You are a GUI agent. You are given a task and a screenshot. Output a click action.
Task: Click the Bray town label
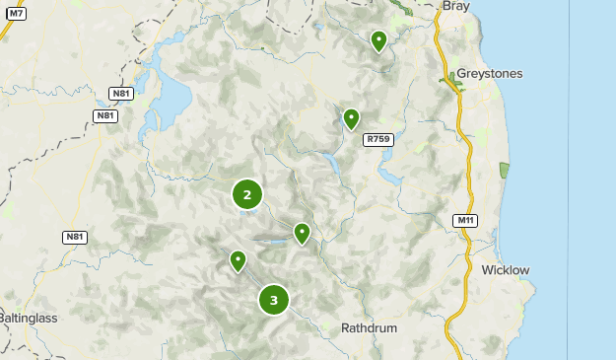coord(456,6)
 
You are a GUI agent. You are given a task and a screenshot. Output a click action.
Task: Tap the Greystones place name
coord(496,74)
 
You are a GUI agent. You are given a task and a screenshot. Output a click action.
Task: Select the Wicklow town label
coord(506,269)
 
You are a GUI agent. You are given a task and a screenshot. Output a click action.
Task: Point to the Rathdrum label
coord(368,327)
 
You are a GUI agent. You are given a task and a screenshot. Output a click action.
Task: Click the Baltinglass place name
coord(29,319)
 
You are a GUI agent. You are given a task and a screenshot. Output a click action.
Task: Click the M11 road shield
coord(466,220)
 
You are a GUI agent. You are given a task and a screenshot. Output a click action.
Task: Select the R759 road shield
coord(378,140)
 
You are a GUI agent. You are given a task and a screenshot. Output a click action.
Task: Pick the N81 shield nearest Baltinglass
coord(75,237)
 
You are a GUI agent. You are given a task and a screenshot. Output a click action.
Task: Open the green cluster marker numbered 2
coord(247,194)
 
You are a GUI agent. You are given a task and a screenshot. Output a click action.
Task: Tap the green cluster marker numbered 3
coord(274,300)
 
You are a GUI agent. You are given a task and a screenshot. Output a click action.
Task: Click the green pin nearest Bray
coord(378,40)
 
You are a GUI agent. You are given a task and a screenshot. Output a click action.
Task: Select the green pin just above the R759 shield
coord(351,118)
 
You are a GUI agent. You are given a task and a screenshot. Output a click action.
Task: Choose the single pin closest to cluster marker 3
coord(238,260)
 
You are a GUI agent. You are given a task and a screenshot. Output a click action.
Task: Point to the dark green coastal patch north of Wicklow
coord(506,170)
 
